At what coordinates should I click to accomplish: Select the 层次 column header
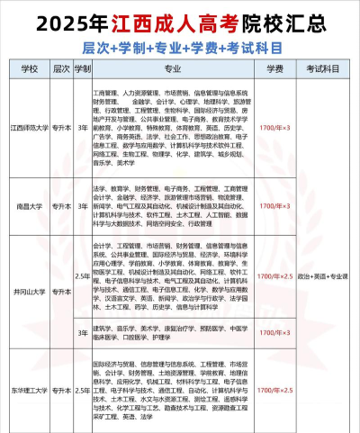coord(61,68)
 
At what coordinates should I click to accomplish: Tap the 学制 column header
coord(83,68)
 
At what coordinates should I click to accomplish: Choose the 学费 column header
coord(275,68)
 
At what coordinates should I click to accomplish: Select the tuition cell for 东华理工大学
coord(275,392)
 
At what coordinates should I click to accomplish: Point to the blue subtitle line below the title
coord(180,44)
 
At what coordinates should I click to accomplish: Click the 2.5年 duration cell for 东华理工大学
coord(83,392)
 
